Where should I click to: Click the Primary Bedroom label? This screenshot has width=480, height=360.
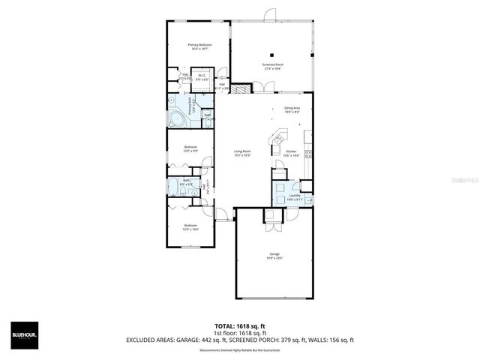coord(199,46)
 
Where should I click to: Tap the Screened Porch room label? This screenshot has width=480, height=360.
coord(272,66)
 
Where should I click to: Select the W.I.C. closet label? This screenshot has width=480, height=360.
coord(202,76)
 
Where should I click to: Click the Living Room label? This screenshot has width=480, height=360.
coord(242,153)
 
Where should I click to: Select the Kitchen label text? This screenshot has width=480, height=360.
coord(291,153)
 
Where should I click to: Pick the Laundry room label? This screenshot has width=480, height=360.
coord(294,197)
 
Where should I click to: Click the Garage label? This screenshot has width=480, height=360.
coord(274,256)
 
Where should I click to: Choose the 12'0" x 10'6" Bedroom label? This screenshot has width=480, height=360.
coord(190,227)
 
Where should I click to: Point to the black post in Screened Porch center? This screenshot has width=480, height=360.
coord(272,55)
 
